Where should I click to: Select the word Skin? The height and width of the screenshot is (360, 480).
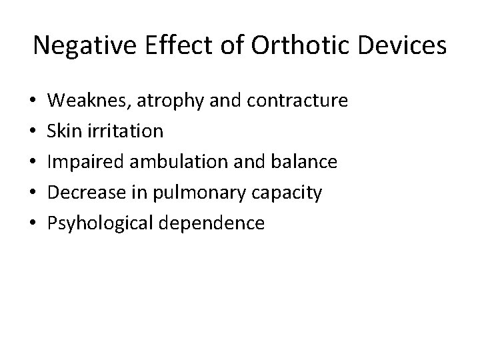point(65,131)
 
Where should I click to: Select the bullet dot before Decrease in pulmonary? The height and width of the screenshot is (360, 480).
point(34,193)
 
